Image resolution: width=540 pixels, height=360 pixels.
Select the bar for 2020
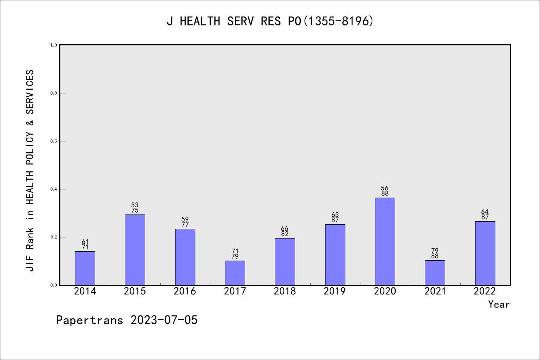(385, 241)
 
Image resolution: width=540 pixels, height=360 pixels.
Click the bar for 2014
(85, 268)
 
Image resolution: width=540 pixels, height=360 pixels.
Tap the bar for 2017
(235, 273)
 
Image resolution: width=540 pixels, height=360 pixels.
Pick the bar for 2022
(485, 253)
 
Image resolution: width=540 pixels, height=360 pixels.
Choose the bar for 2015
(135, 250)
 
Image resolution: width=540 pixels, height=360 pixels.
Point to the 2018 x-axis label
(285, 291)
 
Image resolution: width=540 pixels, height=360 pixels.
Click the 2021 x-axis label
(435, 291)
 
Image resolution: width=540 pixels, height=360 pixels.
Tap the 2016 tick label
(185, 291)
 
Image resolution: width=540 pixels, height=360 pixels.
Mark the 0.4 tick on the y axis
(54, 189)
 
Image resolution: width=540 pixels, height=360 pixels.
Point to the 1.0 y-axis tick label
(54, 45)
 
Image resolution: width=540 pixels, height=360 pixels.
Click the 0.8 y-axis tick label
(54, 93)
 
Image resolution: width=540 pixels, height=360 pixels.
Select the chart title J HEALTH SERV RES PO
(270, 21)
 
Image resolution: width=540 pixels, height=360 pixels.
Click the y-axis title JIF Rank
(30, 171)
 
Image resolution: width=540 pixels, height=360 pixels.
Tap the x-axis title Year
(499, 304)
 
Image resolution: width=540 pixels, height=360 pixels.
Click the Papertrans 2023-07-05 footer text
(127, 320)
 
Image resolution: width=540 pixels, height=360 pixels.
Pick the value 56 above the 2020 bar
(385, 188)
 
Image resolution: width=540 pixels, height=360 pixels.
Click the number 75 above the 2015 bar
(135, 210)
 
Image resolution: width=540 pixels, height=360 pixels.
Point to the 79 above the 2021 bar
(435, 251)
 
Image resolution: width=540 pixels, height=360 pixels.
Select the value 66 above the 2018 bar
(285, 229)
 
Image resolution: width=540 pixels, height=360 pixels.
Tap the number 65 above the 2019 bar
(335, 215)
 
